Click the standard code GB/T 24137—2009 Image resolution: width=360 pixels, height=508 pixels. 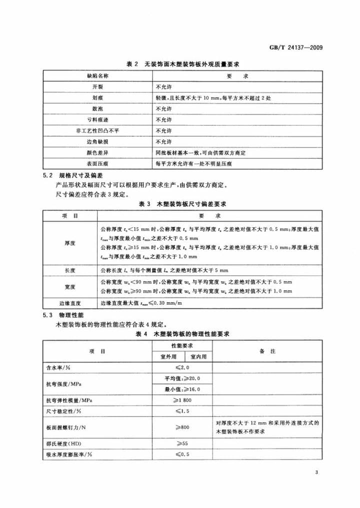[295, 48]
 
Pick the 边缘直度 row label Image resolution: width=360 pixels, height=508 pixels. [70, 303]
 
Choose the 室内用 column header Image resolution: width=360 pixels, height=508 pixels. [198, 357]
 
